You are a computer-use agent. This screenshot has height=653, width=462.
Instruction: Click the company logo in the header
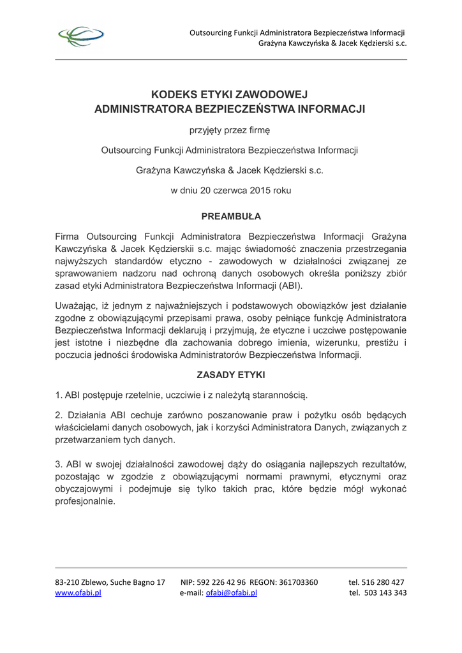click(81, 37)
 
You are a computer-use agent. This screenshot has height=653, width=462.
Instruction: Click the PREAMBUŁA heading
click(231, 217)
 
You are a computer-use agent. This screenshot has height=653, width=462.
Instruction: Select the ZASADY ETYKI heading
click(231, 375)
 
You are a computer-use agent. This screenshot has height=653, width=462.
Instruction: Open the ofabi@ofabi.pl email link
click(232, 592)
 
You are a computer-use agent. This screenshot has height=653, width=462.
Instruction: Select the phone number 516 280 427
click(385, 582)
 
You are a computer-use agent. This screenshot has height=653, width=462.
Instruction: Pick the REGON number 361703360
click(299, 582)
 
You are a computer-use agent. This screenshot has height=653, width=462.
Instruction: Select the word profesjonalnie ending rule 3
click(85, 501)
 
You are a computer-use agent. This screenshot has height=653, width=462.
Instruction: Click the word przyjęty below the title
click(205, 130)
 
